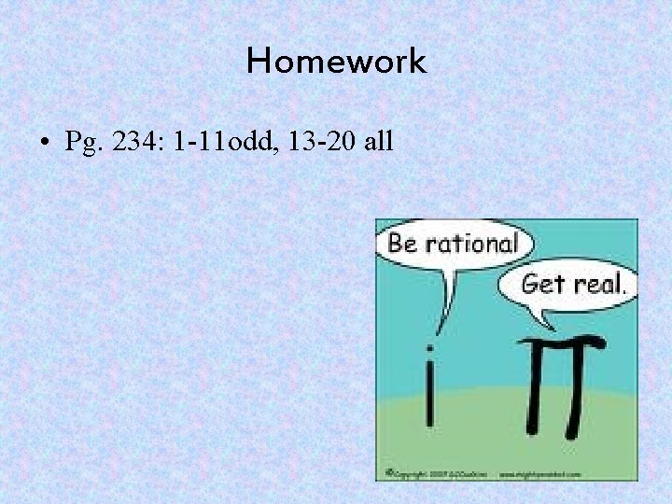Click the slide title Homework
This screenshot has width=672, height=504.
pos(336,63)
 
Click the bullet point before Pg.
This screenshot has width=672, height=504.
pos(44,143)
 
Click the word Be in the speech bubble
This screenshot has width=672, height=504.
pos(402,245)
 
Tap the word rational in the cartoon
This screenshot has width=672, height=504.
pos(470,245)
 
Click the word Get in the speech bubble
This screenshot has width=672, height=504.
pos(540,284)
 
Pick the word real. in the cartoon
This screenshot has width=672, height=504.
pos(598,284)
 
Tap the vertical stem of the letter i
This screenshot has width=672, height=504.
pos(429,397)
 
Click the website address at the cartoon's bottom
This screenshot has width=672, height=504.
pos(539,474)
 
